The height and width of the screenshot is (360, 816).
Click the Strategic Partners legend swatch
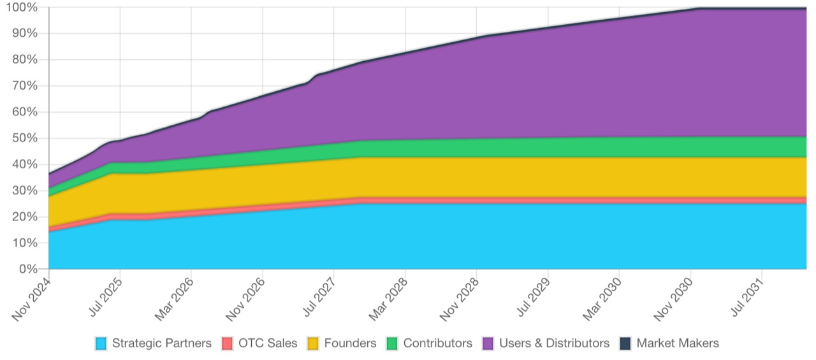point(101,343)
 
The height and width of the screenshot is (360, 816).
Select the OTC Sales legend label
point(268,343)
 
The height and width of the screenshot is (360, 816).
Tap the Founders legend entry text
point(350,343)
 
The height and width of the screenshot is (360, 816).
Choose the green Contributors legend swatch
point(392,343)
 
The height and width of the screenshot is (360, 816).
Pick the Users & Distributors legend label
point(554,343)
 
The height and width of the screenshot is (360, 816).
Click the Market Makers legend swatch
point(625,343)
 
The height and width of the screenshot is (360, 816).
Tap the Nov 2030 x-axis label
point(674,296)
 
